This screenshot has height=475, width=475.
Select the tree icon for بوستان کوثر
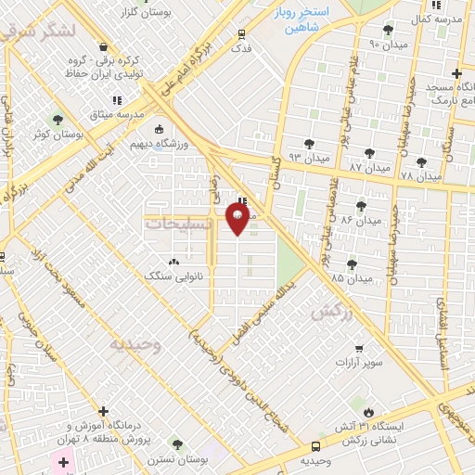point(58,120)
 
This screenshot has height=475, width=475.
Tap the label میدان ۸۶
point(359,220)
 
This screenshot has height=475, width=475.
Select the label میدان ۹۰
point(387,44)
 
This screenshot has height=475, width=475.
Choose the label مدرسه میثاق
point(117,113)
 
